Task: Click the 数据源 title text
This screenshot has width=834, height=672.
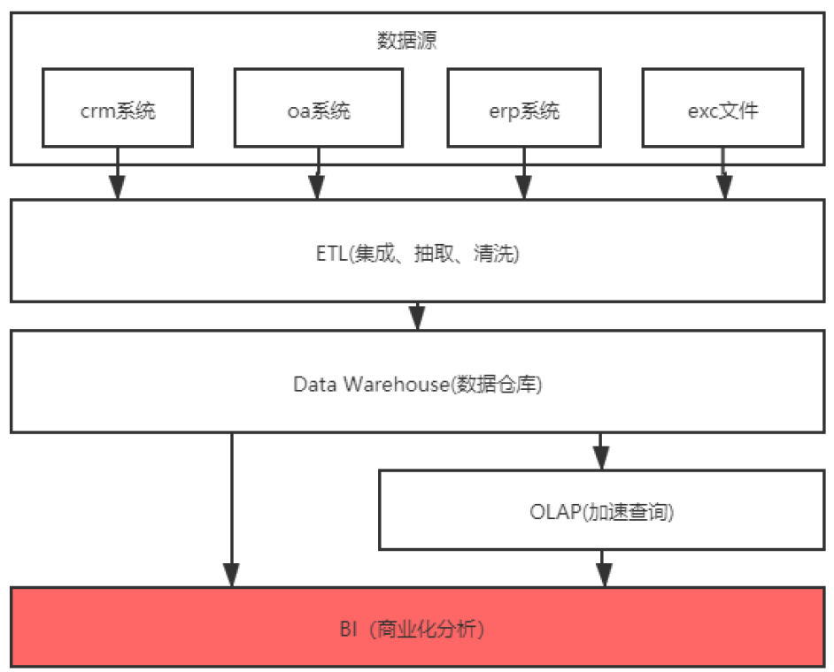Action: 407,41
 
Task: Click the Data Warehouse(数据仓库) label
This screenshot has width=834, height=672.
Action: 417,385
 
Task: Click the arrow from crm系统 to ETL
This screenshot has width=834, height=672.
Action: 117,177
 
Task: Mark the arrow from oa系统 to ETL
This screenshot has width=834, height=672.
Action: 319,177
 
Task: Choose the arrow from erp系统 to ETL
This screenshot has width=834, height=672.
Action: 524,177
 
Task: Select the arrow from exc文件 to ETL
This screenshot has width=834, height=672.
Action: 724,177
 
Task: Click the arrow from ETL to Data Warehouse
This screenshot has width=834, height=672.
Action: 418,317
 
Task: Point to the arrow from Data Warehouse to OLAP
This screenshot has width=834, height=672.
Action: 602,452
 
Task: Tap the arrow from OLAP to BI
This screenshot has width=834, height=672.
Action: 604,568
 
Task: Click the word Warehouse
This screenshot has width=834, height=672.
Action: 397,385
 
